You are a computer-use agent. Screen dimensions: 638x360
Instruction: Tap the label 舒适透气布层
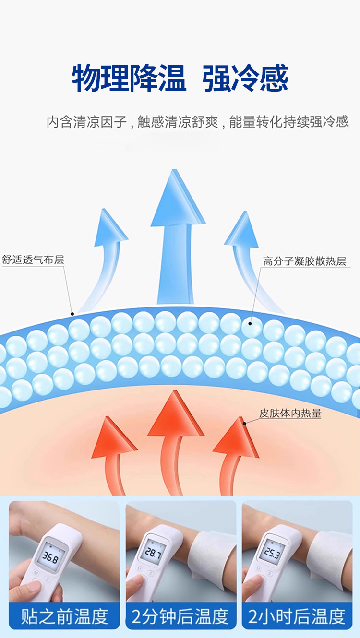[x=33, y=260]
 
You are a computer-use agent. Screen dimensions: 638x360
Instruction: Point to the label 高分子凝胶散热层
[x=304, y=261]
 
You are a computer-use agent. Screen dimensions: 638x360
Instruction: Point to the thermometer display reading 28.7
[x=154, y=553]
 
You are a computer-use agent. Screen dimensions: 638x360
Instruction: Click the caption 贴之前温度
[x=64, y=616]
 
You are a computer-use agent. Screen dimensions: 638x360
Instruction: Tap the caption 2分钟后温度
[x=180, y=616]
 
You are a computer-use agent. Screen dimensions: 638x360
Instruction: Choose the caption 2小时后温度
[x=297, y=616]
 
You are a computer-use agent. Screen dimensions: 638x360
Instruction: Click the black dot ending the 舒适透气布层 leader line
[x=72, y=314]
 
